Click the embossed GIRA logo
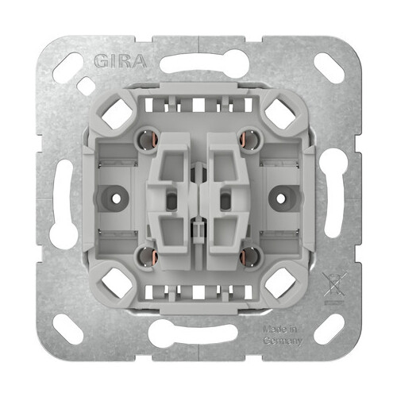[x=121, y=61]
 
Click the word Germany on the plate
[x=283, y=341]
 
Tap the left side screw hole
[x=116, y=198]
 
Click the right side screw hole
[x=281, y=198]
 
